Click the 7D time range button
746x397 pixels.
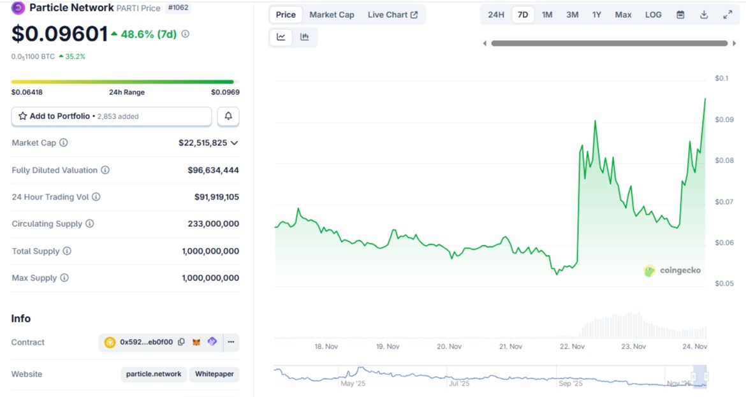click(x=523, y=15)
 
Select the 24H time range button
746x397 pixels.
click(x=496, y=15)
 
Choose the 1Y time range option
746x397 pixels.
click(x=596, y=15)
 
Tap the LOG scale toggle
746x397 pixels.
click(x=653, y=15)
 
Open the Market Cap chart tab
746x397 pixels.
click(x=332, y=15)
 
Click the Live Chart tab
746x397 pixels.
click(x=393, y=15)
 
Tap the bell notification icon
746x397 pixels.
click(x=228, y=117)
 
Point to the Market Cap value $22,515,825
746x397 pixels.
click(x=203, y=143)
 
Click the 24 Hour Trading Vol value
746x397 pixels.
click(x=217, y=197)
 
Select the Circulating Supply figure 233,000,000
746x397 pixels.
click(x=214, y=224)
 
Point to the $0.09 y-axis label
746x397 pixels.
click(x=724, y=120)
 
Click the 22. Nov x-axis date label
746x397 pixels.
click(x=572, y=347)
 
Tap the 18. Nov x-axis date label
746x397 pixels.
click(x=326, y=347)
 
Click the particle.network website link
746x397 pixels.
click(x=154, y=374)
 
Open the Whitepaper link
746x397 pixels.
click(x=214, y=374)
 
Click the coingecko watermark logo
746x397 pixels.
click(x=673, y=271)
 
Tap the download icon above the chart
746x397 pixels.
click(x=704, y=15)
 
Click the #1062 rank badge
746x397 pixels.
click(x=179, y=8)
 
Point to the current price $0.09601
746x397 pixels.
click(x=60, y=34)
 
